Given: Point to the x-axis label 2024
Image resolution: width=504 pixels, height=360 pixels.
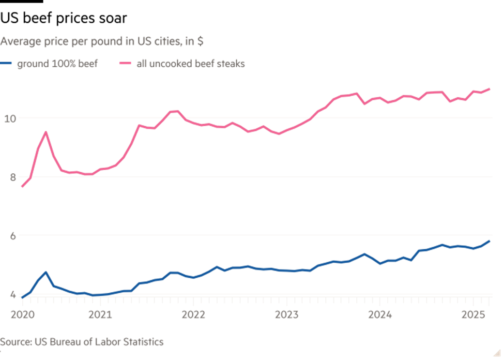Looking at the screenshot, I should tap(381, 314).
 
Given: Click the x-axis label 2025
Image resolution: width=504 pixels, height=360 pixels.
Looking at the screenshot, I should tap(473, 314).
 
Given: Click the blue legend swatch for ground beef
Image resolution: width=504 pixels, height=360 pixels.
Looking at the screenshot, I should tap(7, 64).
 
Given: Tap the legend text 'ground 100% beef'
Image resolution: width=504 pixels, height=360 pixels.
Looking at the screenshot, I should tap(57, 64).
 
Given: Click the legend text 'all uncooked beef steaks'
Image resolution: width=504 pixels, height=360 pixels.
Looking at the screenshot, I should tap(190, 64).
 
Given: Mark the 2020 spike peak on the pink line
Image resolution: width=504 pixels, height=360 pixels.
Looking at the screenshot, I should tap(46, 132).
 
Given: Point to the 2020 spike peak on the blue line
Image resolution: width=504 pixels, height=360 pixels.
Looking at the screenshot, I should tap(46, 272).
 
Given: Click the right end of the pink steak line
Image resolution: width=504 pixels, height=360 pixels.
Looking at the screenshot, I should tap(489, 89).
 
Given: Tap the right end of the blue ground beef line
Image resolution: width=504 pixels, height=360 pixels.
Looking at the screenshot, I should tap(489, 241).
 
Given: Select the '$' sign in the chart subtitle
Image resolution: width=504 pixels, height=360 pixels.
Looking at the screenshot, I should tap(200, 40).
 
